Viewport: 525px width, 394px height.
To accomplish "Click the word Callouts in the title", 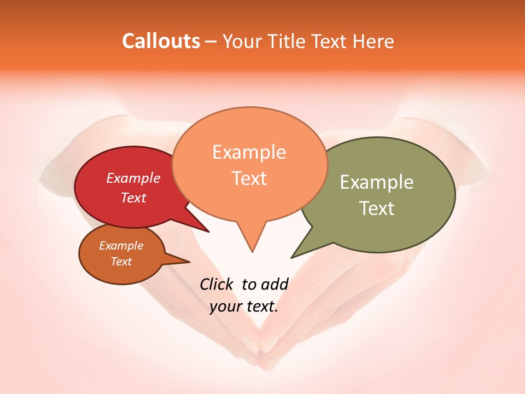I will [x=161, y=41].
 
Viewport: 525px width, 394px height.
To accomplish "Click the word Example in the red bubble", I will [x=133, y=178].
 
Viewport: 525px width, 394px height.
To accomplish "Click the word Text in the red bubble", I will [x=133, y=198].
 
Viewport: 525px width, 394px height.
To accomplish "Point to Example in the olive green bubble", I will [x=377, y=182].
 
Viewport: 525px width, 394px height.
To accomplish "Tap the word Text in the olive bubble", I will [x=377, y=208].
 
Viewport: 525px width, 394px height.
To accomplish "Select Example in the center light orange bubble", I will [x=249, y=152].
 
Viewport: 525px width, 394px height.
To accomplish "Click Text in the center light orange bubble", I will [x=249, y=178].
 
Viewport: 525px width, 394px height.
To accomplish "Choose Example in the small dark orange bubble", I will [x=121, y=246].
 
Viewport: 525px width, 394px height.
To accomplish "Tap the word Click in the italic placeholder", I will [x=218, y=284].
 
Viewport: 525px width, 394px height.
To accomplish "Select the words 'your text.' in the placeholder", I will [x=244, y=306].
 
